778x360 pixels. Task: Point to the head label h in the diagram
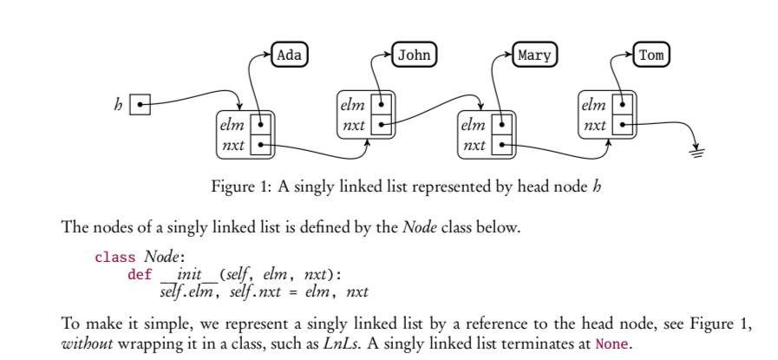click(118, 105)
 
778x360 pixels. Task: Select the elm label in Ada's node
click(232, 126)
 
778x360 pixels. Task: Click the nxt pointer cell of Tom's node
click(622, 127)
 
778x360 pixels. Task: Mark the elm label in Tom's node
click(594, 107)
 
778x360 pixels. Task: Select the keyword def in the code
click(140, 272)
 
